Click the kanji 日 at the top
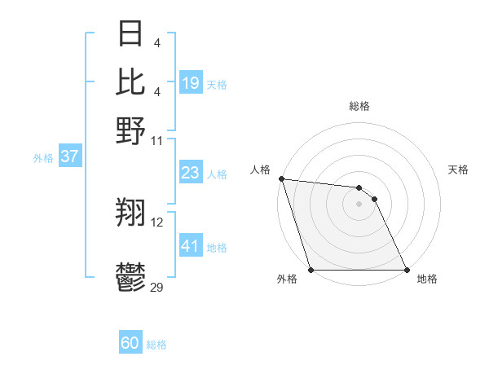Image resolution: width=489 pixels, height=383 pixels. (130, 34)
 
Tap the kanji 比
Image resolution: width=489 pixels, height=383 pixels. (130, 81)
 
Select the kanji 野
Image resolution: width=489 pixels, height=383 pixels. (130, 130)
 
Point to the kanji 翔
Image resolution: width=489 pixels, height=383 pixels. (130, 214)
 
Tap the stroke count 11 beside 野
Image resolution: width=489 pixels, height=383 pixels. (157, 139)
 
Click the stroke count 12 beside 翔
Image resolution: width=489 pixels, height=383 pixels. (157, 222)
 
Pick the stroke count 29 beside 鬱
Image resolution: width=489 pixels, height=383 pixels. (157, 288)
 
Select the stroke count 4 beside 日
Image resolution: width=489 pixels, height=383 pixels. (156, 43)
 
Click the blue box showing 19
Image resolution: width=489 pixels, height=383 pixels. (191, 82)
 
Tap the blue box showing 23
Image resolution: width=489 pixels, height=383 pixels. (191, 173)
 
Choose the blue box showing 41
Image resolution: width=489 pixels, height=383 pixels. (191, 245)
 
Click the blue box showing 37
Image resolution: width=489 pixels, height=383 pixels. (69, 157)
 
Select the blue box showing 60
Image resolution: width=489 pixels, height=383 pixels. (130, 343)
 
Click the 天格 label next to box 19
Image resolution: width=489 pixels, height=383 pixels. (217, 84)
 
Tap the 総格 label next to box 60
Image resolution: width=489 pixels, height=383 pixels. (156, 345)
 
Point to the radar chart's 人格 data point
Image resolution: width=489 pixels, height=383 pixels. (281, 178)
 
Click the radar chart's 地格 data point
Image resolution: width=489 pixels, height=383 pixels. (406, 270)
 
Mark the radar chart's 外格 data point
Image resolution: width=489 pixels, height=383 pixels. (311, 270)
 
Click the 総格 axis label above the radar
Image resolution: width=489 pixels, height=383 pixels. (359, 106)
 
